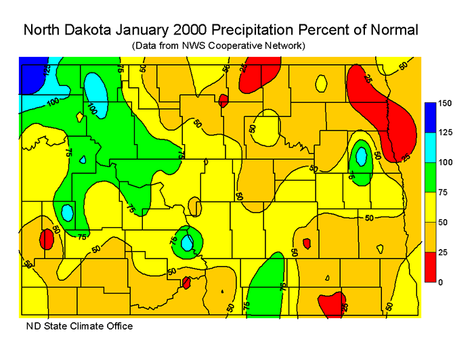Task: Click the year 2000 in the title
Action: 200,30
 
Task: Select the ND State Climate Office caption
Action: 79,326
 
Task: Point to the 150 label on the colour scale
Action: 444,104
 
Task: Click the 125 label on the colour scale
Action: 444,133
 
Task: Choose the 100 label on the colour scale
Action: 444,162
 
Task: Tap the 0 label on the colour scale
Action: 440,282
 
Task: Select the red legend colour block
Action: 429,266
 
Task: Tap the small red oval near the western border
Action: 46,239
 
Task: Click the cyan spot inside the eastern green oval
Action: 361,156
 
